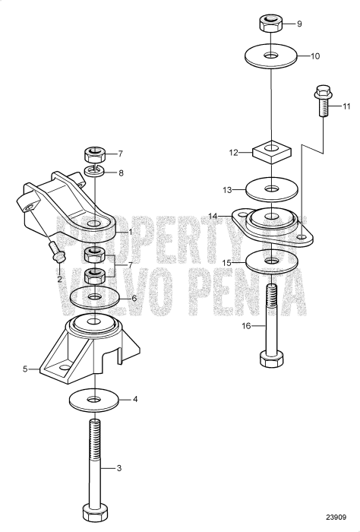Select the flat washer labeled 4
click(x=93, y=400)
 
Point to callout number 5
click(x=26, y=369)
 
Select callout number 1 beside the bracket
click(x=131, y=231)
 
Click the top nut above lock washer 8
click(x=95, y=154)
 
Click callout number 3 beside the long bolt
click(x=118, y=469)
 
